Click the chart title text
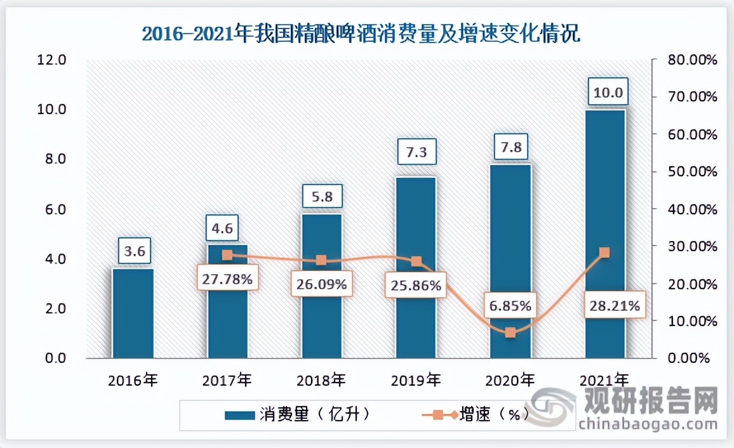coord(361,32)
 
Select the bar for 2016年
coord(133,313)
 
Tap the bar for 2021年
coord(604,235)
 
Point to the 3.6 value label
coord(134,251)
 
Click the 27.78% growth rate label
coord(227,279)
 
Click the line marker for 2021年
coord(604,253)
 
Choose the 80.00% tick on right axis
coord(690,60)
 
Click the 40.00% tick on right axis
coord(690,209)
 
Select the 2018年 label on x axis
coord(321,381)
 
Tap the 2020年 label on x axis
coord(510,381)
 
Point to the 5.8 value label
coord(322,195)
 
